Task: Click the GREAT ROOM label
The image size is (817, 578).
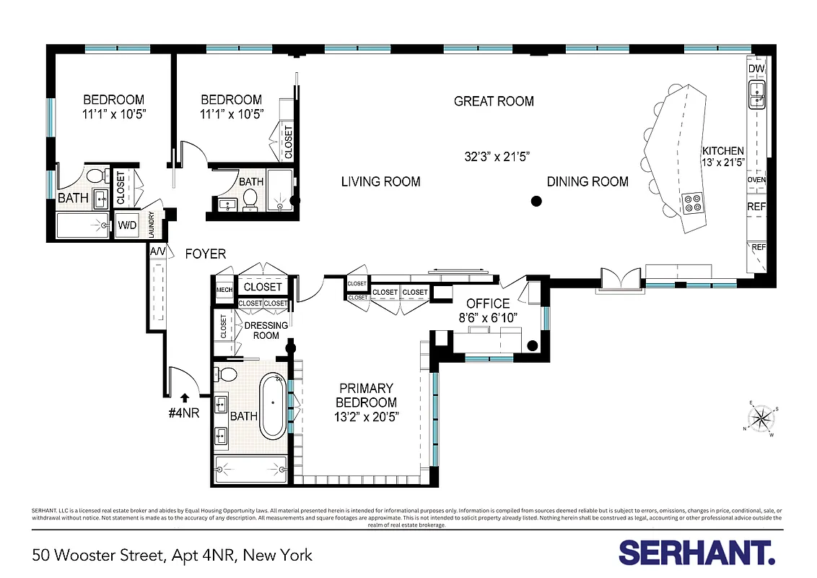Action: [x=494, y=101]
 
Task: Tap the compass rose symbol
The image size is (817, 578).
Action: [x=761, y=418]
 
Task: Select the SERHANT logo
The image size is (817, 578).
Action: [x=696, y=553]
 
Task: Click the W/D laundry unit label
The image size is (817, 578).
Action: [x=128, y=225]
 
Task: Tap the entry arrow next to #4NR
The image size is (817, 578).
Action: [x=185, y=397]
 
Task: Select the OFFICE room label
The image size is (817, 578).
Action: [x=488, y=304]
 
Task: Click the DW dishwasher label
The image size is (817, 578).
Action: [x=756, y=69]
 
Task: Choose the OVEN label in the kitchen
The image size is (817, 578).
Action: [x=756, y=180]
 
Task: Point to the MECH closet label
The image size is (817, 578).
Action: [x=224, y=290]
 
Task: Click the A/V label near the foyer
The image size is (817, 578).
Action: [x=158, y=251]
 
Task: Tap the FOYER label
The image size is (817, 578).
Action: [x=205, y=254]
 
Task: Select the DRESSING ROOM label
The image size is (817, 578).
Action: [x=266, y=330]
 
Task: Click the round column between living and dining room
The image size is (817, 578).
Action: [x=536, y=202]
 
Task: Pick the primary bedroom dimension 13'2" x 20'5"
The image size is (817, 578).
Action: [x=366, y=417]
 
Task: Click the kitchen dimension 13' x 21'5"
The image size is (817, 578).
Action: [x=722, y=163]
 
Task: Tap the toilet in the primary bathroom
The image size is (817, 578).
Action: [x=227, y=374]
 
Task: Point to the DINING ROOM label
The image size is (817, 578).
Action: [x=587, y=181]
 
